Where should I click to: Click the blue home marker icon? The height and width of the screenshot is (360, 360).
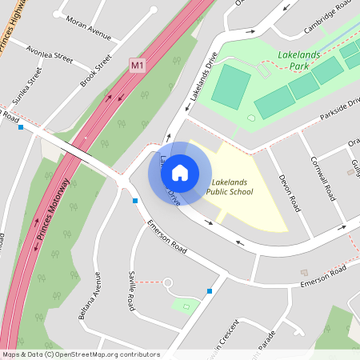pyautogui.click(x=180, y=173)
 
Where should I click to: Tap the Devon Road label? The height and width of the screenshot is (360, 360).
pyautogui.click(x=288, y=191)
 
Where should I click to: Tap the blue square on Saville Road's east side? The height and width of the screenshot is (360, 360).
pyautogui.click(x=210, y=291)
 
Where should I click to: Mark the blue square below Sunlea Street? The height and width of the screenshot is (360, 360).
pyautogui.click(x=21, y=126)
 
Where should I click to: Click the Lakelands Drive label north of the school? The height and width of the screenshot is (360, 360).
pyautogui.click(x=203, y=81)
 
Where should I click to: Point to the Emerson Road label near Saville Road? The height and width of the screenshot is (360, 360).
pyautogui.click(x=167, y=239)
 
